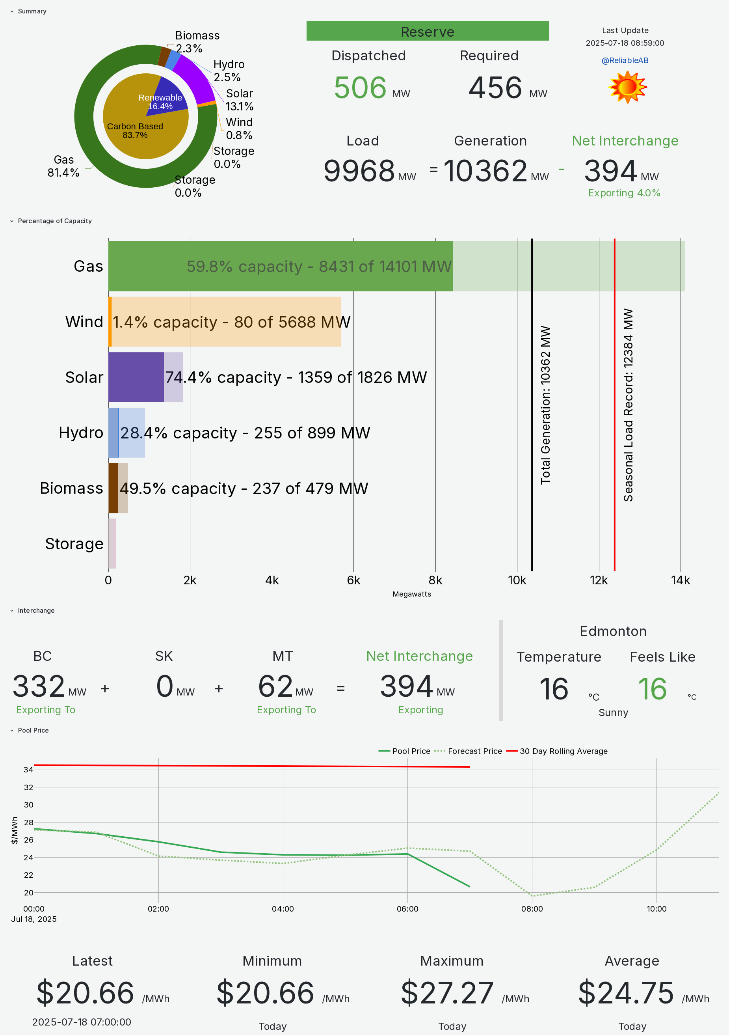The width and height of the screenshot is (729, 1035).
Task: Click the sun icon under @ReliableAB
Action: (627, 87)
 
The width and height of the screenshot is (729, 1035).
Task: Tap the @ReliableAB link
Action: (625, 60)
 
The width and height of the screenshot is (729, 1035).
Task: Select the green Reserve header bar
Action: (427, 31)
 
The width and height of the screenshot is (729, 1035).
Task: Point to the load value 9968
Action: (359, 171)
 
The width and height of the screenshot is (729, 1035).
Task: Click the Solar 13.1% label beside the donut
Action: (239, 100)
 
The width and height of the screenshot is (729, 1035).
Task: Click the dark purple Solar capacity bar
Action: (136, 377)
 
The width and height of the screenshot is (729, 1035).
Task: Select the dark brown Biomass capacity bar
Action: (113, 488)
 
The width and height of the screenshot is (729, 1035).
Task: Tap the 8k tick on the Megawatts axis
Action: (435, 580)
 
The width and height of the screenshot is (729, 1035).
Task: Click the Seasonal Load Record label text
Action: (628, 405)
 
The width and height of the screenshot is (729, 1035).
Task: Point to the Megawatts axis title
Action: (412, 594)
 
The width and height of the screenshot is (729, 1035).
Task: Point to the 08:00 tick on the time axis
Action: (532, 909)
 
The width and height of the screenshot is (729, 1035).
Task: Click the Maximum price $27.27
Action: (447, 993)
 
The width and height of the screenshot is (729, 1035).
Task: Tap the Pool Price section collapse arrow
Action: (12, 730)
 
